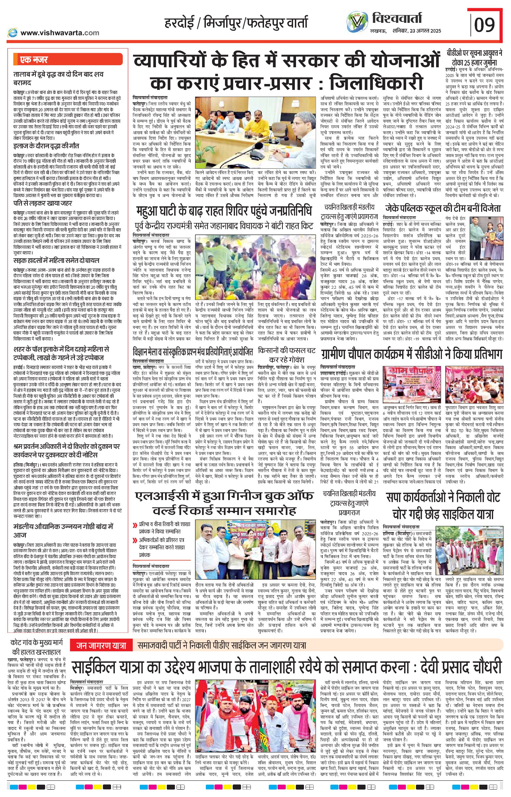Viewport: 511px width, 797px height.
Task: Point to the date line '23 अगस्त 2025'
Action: (425, 31)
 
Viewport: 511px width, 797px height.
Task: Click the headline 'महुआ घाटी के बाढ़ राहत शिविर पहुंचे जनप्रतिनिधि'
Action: (224, 211)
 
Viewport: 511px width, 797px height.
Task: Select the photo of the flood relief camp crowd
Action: (255, 269)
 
